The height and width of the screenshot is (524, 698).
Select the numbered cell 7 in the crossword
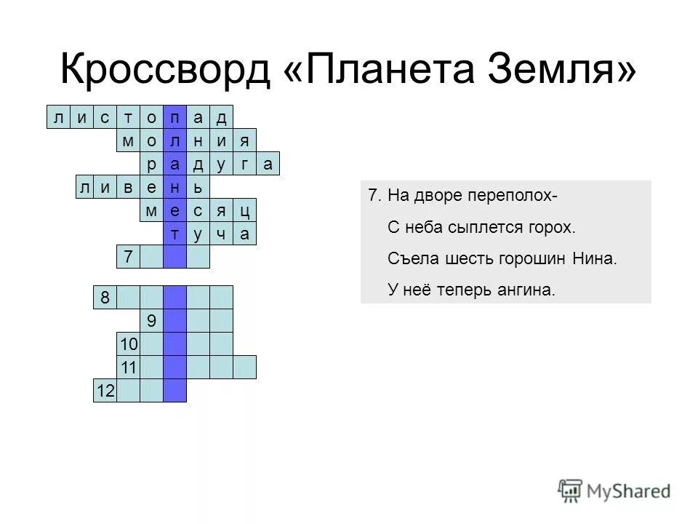(x=128, y=257)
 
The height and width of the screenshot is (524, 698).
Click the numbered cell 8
(x=105, y=297)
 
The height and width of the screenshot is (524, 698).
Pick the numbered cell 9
(x=151, y=320)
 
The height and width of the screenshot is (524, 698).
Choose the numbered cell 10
(x=128, y=344)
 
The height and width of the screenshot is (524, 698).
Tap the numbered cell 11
(x=128, y=367)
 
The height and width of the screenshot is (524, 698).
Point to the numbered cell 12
(x=105, y=391)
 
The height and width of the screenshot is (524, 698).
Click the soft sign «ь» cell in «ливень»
(x=198, y=187)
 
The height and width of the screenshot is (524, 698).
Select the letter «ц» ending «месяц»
(x=245, y=210)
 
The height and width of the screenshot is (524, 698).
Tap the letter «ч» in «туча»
(x=221, y=234)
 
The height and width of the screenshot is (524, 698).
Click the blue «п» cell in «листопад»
(x=174, y=116)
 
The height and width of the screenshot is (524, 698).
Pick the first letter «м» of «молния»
(x=128, y=140)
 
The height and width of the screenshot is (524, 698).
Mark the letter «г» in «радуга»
(x=245, y=164)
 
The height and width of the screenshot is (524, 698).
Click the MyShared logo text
(x=630, y=491)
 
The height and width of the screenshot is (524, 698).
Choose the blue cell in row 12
(x=174, y=391)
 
